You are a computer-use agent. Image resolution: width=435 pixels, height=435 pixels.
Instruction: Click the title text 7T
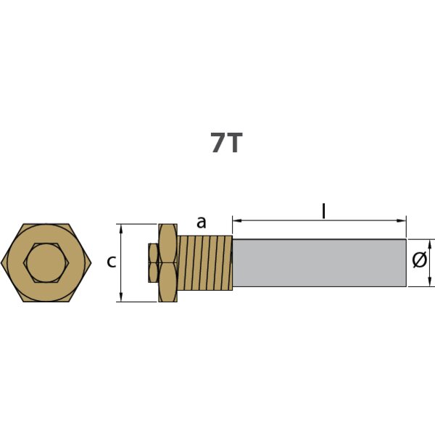(x=225, y=143)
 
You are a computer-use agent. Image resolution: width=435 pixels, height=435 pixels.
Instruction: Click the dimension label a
(x=202, y=223)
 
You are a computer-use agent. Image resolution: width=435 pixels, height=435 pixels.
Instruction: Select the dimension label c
(x=111, y=262)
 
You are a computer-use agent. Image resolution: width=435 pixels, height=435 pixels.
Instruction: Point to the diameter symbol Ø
(x=419, y=262)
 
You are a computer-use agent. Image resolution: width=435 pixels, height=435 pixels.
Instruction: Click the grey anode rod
(x=319, y=262)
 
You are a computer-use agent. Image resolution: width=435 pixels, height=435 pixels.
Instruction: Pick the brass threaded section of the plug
(x=204, y=262)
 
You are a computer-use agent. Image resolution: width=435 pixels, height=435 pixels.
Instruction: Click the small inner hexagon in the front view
(x=46, y=262)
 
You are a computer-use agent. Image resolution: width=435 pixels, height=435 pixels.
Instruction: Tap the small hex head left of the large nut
(x=152, y=262)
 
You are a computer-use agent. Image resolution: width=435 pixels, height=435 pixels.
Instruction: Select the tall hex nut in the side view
(x=167, y=262)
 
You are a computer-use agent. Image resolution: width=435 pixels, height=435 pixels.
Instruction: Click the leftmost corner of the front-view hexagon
(x=2, y=262)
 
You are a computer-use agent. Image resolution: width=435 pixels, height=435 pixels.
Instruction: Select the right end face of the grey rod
(x=405, y=262)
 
